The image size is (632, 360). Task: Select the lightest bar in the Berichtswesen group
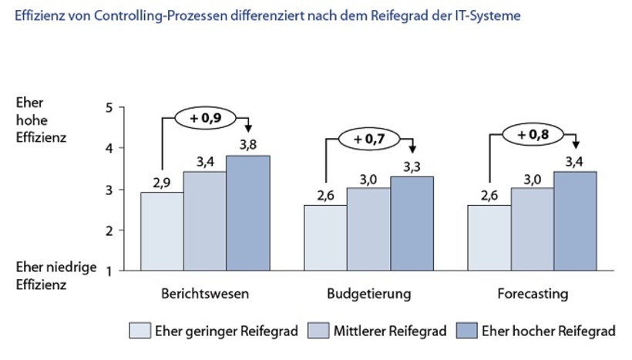(161, 231)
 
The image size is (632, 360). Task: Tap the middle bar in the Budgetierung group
(368, 229)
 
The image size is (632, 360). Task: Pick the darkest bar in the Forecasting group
(574, 221)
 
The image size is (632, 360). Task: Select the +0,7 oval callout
(368, 140)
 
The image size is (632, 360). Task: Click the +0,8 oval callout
(533, 134)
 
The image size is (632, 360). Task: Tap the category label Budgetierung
(368, 294)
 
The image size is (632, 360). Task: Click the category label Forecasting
(533, 294)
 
